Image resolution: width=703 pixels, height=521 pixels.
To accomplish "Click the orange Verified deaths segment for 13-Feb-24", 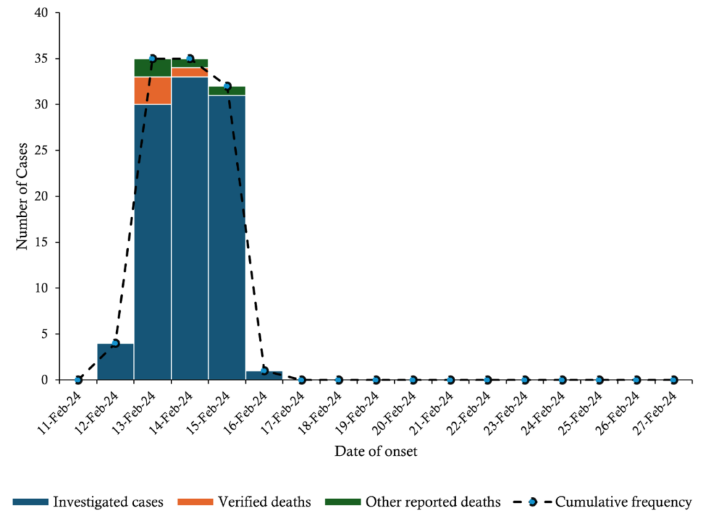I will [x=152, y=90].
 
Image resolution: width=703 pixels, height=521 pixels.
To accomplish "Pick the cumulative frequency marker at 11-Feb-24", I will [x=78, y=380].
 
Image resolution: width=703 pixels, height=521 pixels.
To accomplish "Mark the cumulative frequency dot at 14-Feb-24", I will [x=190, y=59].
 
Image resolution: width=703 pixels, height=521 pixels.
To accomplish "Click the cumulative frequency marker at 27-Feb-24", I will [x=674, y=380].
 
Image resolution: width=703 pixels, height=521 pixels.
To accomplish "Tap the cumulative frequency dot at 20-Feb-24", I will [x=413, y=380].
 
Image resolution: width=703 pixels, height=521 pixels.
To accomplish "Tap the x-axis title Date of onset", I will [x=376, y=452].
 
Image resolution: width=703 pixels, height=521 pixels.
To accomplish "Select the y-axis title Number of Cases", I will [x=22, y=196].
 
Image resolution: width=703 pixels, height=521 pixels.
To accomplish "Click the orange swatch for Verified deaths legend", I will [x=194, y=502].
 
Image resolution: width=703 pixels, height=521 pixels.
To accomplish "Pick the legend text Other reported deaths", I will [x=433, y=502].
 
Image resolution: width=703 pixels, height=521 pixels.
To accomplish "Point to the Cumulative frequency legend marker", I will [x=532, y=502].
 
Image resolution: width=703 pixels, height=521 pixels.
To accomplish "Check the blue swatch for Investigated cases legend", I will [x=30, y=502].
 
